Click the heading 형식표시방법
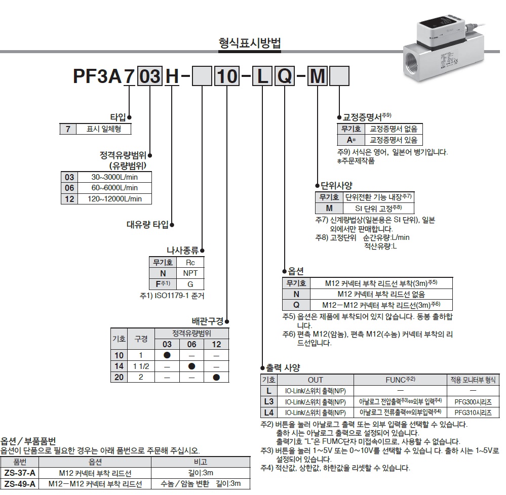coord(249,43)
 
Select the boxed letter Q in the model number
coord(284,77)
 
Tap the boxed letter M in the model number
coord(318,77)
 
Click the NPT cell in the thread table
coord(190,273)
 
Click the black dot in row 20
coord(217,377)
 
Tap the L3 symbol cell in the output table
coord(268,402)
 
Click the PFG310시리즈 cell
coord(473,412)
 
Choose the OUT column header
coord(315,380)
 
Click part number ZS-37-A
coord(20,473)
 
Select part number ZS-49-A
coord(20,484)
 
